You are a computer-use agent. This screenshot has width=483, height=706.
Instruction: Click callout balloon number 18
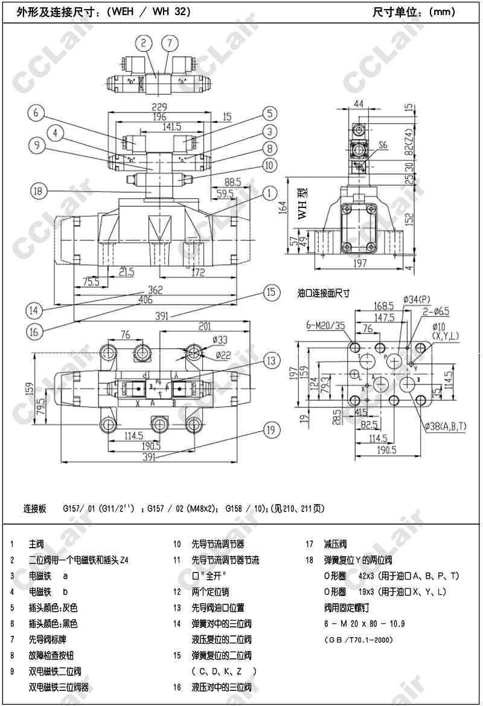(x=38, y=190)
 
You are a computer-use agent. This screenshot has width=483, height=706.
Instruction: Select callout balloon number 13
(x=273, y=361)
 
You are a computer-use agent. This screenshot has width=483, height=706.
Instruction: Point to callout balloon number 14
(x=34, y=311)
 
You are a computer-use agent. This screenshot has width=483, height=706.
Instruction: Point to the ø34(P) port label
(x=417, y=299)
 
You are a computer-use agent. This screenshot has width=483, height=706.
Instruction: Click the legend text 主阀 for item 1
(x=36, y=544)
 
